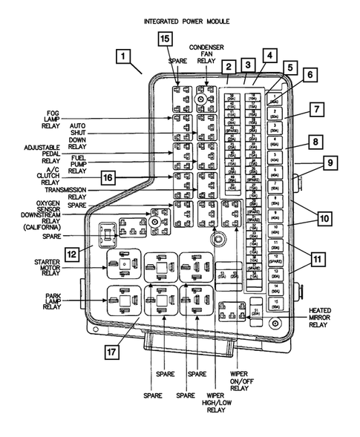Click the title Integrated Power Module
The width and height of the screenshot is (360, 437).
[x=186, y=22]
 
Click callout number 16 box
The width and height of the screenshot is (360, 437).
[x=109, y=178]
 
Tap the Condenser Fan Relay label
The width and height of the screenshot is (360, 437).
[x=206, y=56]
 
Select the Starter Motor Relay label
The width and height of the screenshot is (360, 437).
[x=51, y=266]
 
